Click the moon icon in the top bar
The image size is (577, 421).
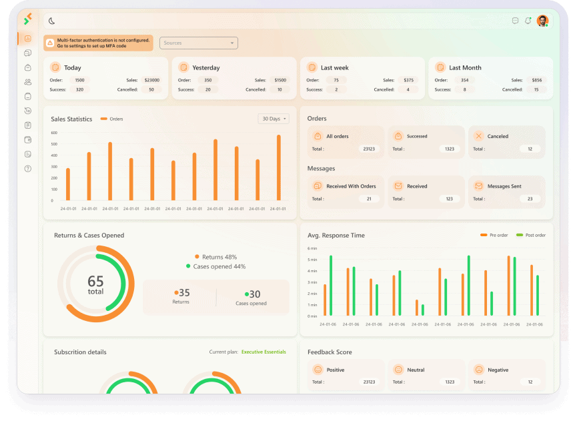(51, 21)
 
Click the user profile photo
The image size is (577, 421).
(542, 21)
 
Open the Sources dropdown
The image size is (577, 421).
(199, 43)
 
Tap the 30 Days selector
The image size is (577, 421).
(273, 119)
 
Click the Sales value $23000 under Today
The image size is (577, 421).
(152, 80)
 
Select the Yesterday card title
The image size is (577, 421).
(206, 67)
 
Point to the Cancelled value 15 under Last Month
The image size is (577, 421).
(536, 89)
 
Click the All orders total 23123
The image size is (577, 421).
(369, 149)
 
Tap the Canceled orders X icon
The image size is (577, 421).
(478, 136)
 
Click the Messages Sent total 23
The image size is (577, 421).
(530, 199)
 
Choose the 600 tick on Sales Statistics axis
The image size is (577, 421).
(54, 133)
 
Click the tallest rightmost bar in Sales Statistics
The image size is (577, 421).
(279, 167)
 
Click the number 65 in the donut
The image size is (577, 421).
(95, 281)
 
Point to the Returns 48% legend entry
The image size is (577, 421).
(216, 257)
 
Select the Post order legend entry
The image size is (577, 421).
(531, 235)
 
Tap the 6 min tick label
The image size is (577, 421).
(312, 248)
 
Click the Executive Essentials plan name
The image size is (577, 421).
(263, 352)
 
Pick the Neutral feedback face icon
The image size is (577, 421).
(398, 370)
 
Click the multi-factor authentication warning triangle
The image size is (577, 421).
(51, 43)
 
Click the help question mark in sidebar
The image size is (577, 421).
(28, 169)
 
